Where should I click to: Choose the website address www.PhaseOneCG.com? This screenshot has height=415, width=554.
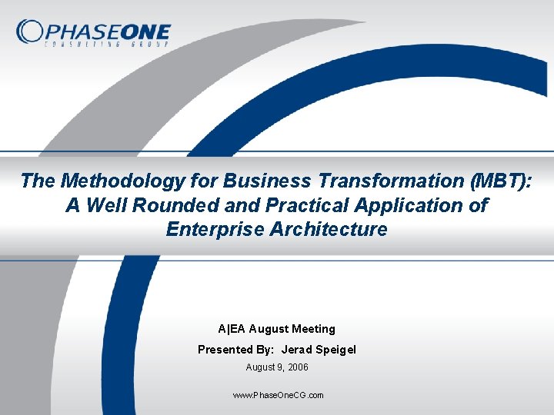click(277, 395)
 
